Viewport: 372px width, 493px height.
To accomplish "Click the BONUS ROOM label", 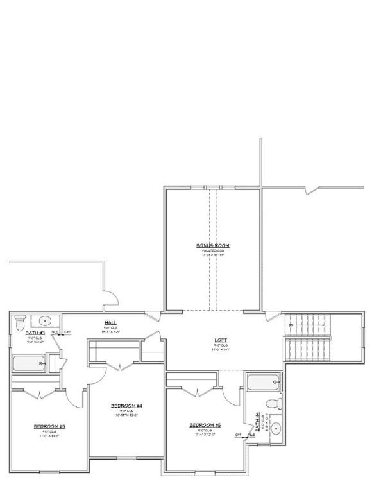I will (x=213, y=245).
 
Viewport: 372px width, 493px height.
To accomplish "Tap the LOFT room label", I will (x=221, y=341).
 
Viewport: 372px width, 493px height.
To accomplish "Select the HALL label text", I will (x=110, y=323).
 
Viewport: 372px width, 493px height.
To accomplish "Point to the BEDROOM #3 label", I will (x=50, y=426).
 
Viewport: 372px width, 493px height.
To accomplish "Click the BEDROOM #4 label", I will (x=126, y=406).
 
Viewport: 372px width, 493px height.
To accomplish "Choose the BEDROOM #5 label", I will (x=205, y=425).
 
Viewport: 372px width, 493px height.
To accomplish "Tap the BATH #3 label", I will (x=35, y=333).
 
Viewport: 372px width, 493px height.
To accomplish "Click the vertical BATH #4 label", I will (x=257, y=420).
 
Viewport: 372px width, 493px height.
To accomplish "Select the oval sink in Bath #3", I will (x=46, y=320).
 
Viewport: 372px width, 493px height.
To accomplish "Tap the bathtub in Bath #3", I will (x=28, y=364).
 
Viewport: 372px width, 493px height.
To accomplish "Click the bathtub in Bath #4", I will (x=263, y=383).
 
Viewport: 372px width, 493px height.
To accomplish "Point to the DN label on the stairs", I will (x=291, y=325).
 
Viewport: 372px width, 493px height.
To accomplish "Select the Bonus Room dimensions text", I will (x=213, y=255).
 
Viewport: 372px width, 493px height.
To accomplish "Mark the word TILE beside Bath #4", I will (x=251, y=435).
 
